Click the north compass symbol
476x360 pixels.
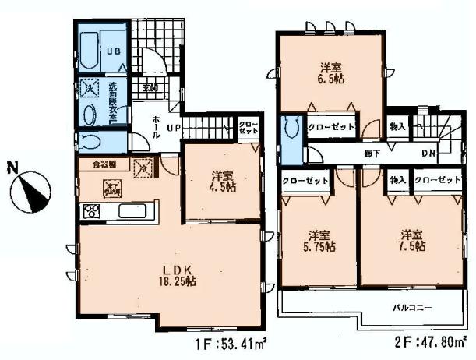coord(33,189)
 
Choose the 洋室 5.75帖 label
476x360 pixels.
coord(316,241)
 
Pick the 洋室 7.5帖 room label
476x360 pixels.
coord(411,240)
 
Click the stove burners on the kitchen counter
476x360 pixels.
coord(90,210)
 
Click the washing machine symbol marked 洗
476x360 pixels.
coord(89,89)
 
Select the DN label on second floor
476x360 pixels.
coord(428,154)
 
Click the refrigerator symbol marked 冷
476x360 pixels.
coord(143,166)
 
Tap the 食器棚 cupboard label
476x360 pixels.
coord(105,164)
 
